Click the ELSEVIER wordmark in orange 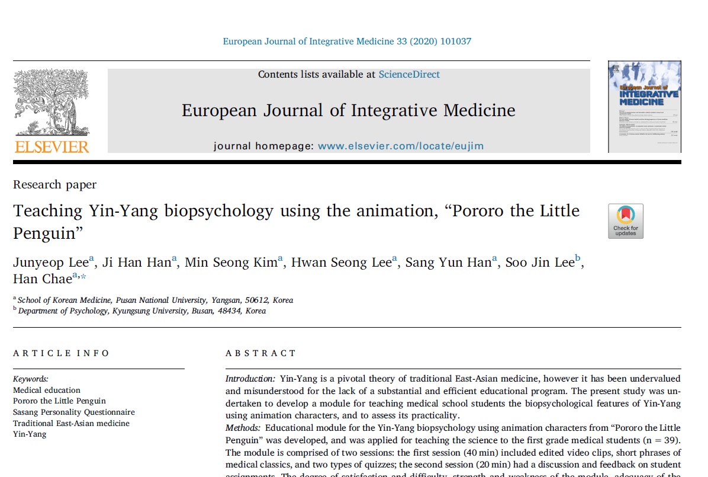pos(52,146)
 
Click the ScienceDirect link pos(409,75)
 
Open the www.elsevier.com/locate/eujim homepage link pos(400,146)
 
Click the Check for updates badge pos(625,221)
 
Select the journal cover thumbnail pos(644,107)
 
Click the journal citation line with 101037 pos(347,41)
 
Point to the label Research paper pos(54,185)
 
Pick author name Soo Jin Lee pos(539,263)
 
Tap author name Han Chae pos(42,279)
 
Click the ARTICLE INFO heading pos(62,353)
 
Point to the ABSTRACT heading pos(260,353)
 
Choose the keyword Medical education pos(47,390)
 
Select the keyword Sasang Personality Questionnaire pos(74,412)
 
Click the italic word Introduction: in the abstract pos(250,378)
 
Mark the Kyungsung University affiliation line pos(142,310)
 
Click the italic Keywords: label pos(31,379)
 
